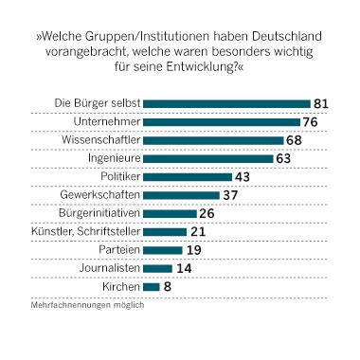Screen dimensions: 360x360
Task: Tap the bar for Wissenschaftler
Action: [213, 140]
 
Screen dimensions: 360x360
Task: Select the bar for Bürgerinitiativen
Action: [170, 213]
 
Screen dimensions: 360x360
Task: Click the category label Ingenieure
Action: [114, 159]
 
